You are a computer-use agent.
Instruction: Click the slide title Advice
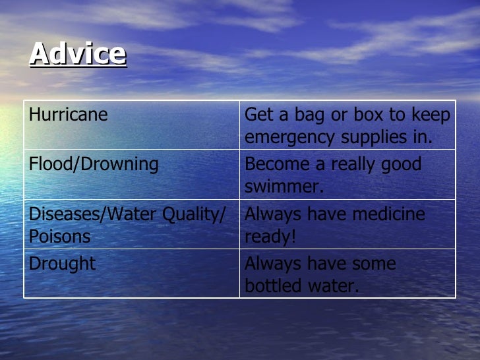tap(78, 53)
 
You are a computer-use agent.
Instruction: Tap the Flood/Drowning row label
tap(94, 164)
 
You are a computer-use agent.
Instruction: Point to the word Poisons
tap(60, 237)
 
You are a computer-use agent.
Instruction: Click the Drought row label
tap(62, 264)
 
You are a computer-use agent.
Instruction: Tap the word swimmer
tap(284, 187)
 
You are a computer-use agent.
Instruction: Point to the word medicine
tap(388, 214)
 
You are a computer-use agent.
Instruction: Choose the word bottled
tap(273, 286)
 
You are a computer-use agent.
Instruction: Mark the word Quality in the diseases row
tap(195, 214)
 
